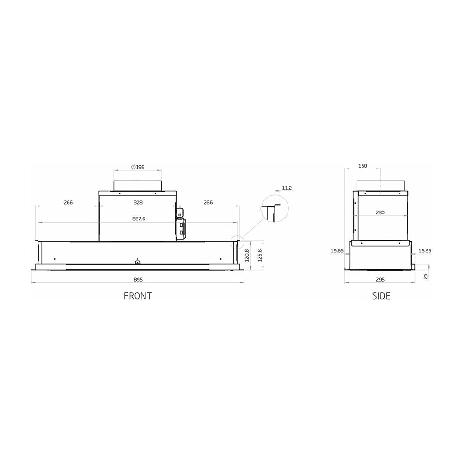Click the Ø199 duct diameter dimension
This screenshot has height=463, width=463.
(x=138, y=167)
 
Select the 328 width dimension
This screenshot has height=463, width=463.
(x=138, y=203)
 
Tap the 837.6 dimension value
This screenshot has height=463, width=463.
(x=139, y=219)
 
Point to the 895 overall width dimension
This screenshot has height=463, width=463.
(x=138, y=279)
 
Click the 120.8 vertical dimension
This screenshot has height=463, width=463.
(x=247, y=256)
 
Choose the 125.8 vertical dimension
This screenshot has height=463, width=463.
(x=260, y=256)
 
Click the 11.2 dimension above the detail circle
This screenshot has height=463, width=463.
(x=287, y=188)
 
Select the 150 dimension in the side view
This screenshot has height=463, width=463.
(x=363, y=166)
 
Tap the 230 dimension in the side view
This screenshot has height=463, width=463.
(x=380, y=213)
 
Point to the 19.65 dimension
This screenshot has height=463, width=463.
(x=337, y=250)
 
